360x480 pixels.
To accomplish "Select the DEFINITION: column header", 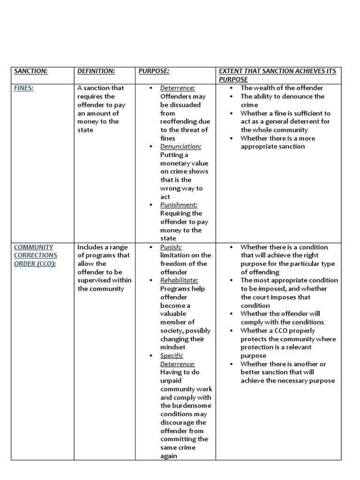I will pos(96,71).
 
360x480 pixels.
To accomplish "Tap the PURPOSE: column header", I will pos(154,71).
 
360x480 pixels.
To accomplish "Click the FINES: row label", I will pos(23,88).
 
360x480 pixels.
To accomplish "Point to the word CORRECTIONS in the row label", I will pos(36,255).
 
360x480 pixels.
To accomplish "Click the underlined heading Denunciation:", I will pos(180,146).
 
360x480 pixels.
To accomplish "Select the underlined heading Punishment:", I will pos(179,205).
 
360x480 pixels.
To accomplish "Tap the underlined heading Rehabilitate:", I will pos(179,280).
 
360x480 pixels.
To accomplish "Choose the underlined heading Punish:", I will pos(171,247).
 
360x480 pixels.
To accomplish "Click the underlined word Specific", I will pos(172,355).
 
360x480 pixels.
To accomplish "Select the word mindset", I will pos(173,347).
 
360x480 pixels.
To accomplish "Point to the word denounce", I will pos(294,96).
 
